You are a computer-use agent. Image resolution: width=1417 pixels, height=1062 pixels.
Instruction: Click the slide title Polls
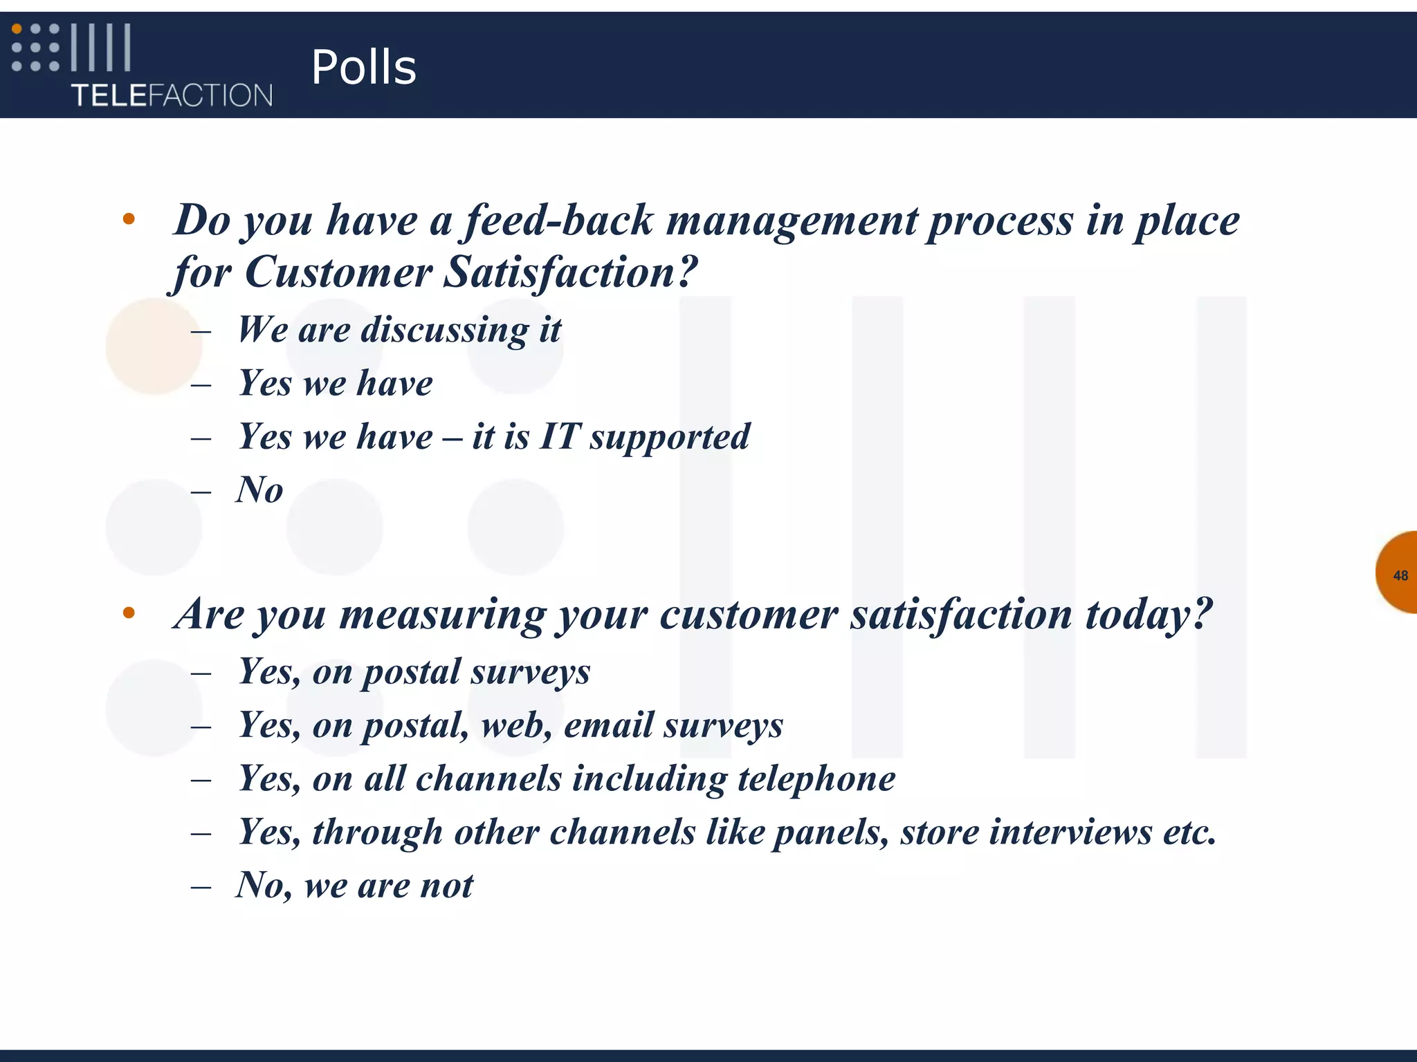363,67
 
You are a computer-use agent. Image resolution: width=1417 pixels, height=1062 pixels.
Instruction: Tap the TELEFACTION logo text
172,95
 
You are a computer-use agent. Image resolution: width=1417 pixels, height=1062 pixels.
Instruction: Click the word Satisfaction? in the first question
570,272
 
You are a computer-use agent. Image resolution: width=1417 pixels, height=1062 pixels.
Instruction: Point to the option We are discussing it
399,330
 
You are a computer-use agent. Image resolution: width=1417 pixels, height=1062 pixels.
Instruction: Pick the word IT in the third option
559,437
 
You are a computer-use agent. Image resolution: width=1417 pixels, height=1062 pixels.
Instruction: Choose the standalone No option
259,490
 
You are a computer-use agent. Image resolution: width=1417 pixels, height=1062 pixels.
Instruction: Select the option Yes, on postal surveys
414,672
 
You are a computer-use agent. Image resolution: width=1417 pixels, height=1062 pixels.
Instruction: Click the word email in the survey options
607,725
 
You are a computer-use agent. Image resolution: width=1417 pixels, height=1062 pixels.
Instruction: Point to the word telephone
816,779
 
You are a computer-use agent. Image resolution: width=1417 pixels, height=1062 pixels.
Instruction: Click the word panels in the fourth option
830,832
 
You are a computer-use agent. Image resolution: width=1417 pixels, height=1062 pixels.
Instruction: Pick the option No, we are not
354,886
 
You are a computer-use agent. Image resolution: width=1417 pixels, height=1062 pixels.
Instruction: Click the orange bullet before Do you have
129,220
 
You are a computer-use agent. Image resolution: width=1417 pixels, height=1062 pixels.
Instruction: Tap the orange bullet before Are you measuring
129,613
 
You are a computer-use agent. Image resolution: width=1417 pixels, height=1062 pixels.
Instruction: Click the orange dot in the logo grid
17,29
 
